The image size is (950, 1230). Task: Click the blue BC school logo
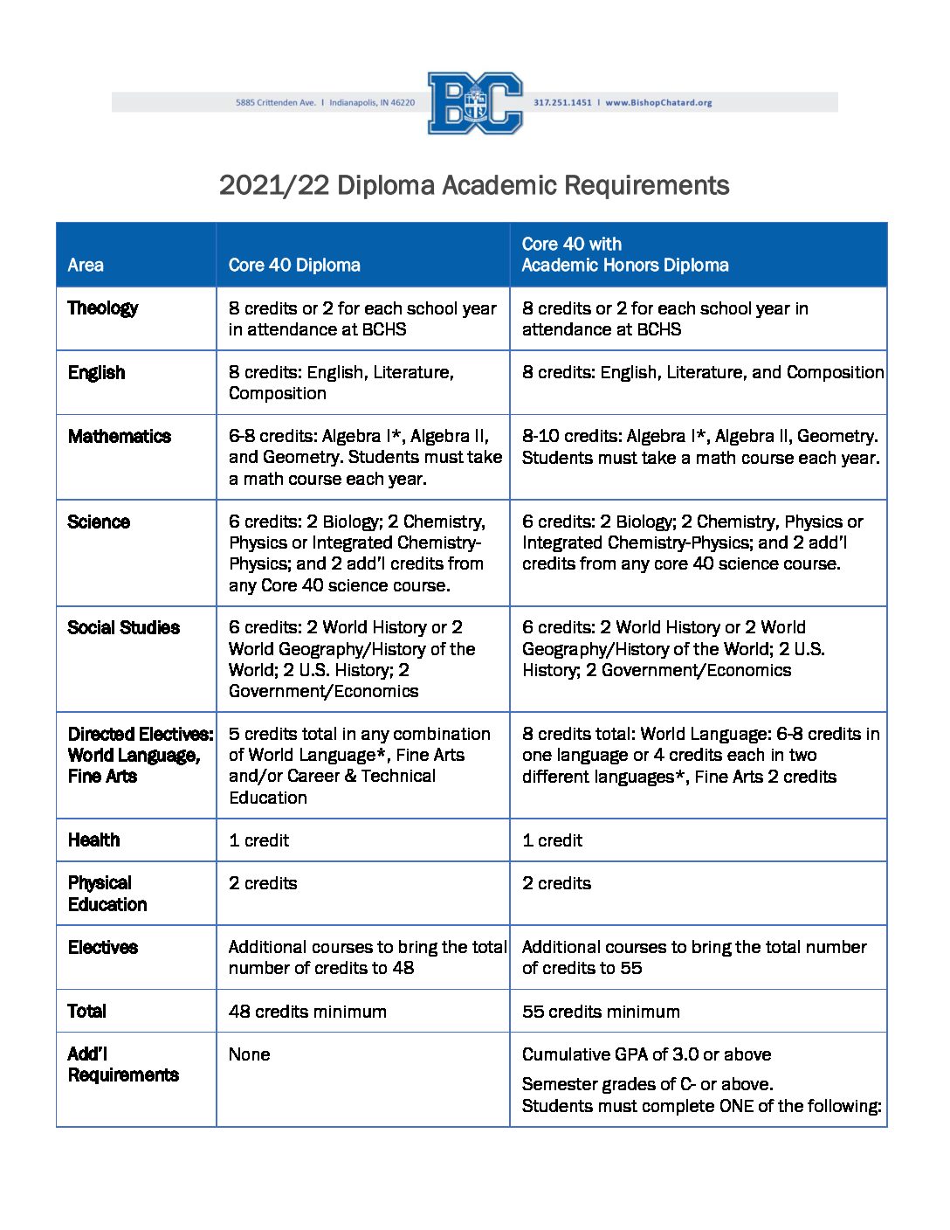475,103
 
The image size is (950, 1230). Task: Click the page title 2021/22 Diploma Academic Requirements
474,185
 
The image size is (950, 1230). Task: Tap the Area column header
86,265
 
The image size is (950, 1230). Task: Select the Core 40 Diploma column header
294,265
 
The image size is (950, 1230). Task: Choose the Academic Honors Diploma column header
624,255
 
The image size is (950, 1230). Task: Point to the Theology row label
103,308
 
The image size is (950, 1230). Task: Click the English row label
97,373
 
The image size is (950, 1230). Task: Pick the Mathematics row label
120,437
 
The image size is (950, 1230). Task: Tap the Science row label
99,522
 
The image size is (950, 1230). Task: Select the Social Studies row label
124,628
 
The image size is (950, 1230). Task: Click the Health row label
94,840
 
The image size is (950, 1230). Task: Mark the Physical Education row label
107,894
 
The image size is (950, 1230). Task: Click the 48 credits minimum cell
307,1012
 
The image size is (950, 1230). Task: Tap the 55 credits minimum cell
601,1012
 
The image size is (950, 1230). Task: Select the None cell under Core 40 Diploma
250,1054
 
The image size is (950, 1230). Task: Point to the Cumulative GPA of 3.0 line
646,1054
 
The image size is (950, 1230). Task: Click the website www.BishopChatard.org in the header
658,103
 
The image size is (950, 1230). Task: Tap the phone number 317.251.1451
562,103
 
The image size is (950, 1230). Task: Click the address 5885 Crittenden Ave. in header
276,103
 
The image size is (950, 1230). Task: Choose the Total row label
87,1012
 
